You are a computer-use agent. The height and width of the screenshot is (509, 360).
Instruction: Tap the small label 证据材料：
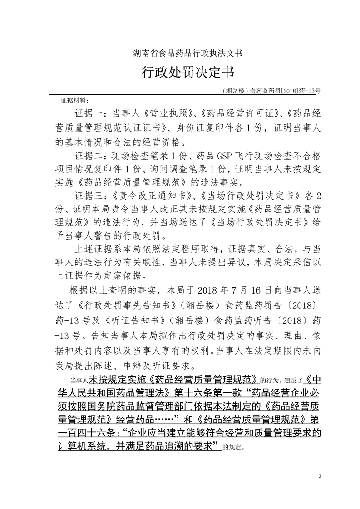click(75, 99)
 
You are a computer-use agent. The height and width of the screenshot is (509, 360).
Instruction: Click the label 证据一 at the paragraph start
click(87, 112)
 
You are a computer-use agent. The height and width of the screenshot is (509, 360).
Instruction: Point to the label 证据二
click(87, 157)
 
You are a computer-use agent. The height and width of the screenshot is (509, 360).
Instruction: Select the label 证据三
click(87, 196)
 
